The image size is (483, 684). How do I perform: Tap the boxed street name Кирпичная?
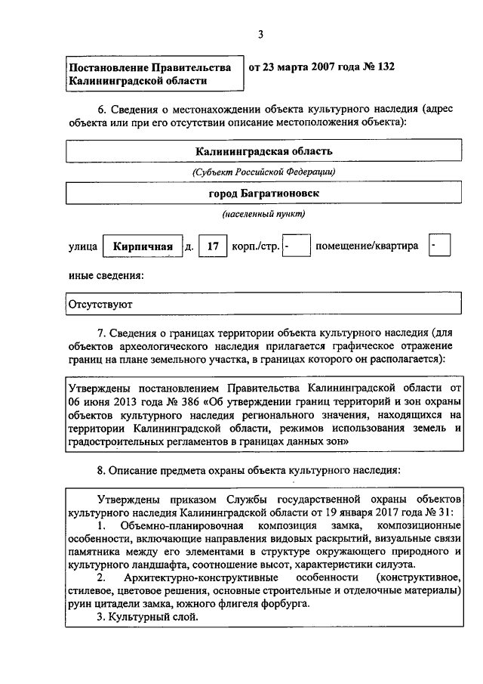pos(143,246)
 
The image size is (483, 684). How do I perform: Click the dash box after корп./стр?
pos(297,246)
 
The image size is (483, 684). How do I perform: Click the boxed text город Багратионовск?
pos(263,193)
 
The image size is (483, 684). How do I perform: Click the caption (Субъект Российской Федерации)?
pos(263,172)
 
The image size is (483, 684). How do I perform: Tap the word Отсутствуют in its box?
pos(100,306)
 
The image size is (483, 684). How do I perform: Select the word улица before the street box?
pos(82,246)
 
